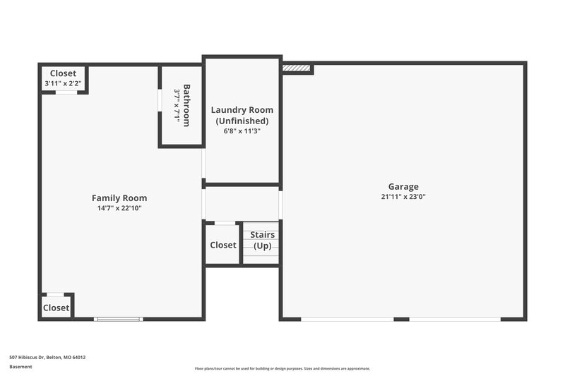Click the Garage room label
tap(403, 187)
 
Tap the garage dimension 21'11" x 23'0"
tap(403, 198)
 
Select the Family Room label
tap(119, 198)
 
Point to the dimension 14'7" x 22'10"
tap(119, 208)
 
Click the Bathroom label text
tap(186, 106)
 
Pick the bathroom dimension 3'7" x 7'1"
tap(177, 106)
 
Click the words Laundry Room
tap(242, 110)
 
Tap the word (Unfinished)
tap(242, 121)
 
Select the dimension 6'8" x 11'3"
tap(242, 131)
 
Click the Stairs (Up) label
tap(262, 240)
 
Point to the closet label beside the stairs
tap(223, 245)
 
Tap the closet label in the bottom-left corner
tap(56, 308)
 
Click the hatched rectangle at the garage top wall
tap(297, 68)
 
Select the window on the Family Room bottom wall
tap(119, 319)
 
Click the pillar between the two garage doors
tap(401, 319)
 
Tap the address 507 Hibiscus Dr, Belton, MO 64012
tap(47, 357)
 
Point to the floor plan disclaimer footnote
tap(282, 368)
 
